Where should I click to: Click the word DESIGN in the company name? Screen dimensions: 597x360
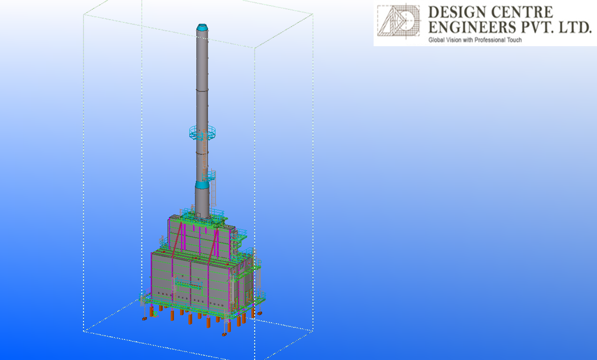click(458, 12)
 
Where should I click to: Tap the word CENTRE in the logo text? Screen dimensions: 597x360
click(522, 12)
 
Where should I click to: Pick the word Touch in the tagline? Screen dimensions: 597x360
click(514, 40)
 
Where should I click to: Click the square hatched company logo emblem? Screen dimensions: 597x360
click(398, 21)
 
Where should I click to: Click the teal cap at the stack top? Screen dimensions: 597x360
click(202, 27)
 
